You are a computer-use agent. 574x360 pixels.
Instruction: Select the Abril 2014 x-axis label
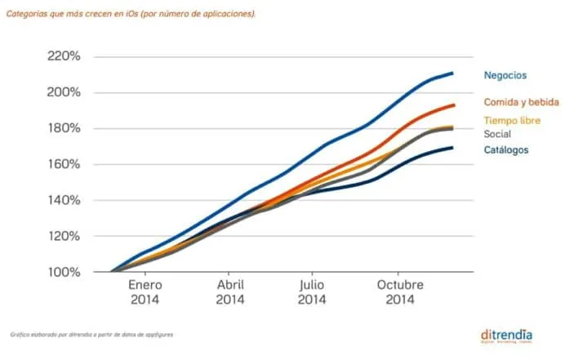230,293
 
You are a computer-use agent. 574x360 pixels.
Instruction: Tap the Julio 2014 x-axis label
311,293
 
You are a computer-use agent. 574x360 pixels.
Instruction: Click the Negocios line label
505,75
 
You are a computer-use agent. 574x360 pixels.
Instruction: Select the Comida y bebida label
521,103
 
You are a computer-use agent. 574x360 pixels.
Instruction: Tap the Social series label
498,134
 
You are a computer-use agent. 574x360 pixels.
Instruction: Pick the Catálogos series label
506,150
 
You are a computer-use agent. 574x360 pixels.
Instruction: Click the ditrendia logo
508,336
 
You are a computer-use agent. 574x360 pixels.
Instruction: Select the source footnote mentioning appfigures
91,335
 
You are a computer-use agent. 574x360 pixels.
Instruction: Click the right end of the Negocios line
452,73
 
